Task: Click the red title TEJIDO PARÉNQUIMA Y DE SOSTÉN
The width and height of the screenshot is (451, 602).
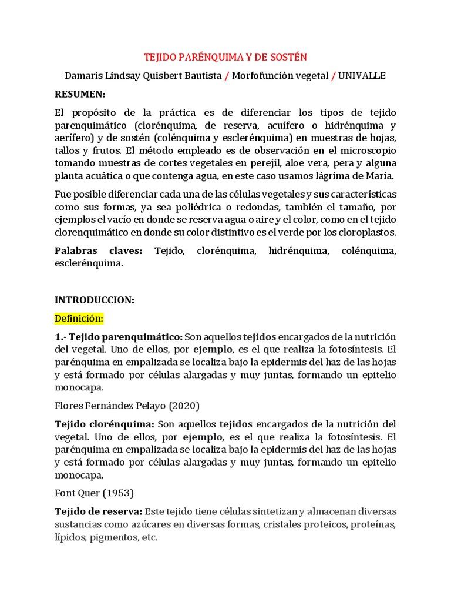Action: click(225, 57)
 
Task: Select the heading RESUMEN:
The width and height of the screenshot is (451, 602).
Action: click(80, 94)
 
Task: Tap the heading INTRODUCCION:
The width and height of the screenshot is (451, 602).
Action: click(95, 300)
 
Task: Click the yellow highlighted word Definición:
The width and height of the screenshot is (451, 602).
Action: click(79, 318)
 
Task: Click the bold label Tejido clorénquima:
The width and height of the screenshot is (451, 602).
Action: click(105, 424)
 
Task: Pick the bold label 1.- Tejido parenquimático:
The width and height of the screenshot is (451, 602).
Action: click(119, 336)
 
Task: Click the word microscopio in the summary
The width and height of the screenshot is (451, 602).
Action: click(367, 150)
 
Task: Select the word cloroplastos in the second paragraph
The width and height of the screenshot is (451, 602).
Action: click(366, 232)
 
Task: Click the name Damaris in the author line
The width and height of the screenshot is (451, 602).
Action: click(83, 76)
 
